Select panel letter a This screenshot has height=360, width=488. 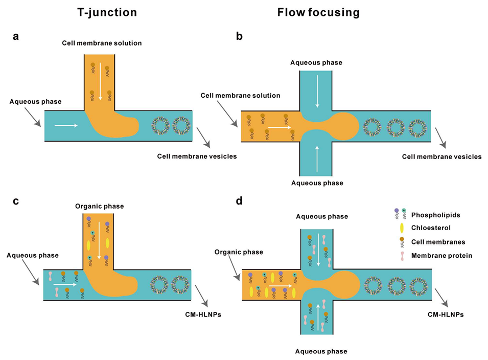click(x=16, y=37)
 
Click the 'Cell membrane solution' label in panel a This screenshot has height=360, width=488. click(x=103, y=43)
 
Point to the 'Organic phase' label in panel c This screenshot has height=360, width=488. click(x=99, y=207)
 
